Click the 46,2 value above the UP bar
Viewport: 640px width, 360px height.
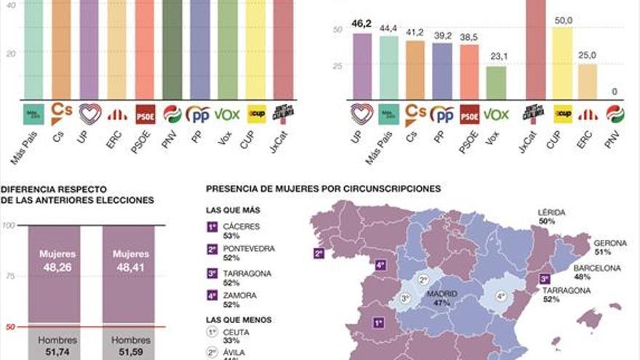click(362, 24)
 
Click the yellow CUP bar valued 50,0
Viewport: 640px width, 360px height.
click(563, 63)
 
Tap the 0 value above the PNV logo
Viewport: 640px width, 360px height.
click(615, 92)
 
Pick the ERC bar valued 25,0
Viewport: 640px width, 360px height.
click(588, 81)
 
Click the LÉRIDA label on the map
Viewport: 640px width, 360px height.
click(551, 212)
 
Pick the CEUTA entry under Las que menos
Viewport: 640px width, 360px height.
click(233, 334)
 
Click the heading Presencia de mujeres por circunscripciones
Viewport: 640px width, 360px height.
click(323, 188)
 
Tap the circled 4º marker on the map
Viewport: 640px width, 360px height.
click(500, 296)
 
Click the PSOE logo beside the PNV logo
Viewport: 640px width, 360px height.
click(145, 114)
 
